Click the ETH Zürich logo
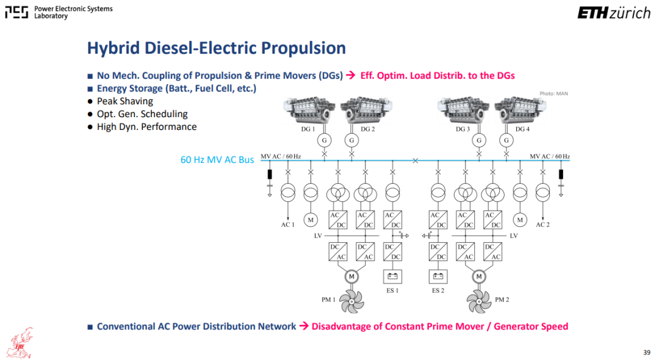pyautogui.click(x=614, y=13)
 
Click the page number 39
pyautogui.click(x=647, y=353)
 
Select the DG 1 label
pyautogui.click(x=308, y=129)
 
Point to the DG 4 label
pyautogui.click(x=522, y=129)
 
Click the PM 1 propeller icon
pyautogui.click(x=352, y=301)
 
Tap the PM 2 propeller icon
pyautogui.click(x=479, y=301)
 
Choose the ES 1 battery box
pyautogui.click(x=392, y=276)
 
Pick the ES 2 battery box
pyautogui.click(x=438, y=276)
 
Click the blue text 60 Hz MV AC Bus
pyautogui.click(x=217, y=160)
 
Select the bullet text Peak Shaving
pyautogui.click(x=125, y=101)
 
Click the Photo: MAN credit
pyautogui.click(x=553, y=94)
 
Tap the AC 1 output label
pyautogui.click(x=288, y=225)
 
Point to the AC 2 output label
pyautogui.click(x=542, y=225)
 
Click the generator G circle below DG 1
pyautogui.click(x=324, y=140)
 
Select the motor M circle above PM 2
pyautogui.click(x=479, y=276)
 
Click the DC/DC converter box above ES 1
pyautogui.click(x=392, y=251)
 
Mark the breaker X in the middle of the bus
pyautogui.click(x=416, y=160)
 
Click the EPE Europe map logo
pyautogui.click(x=20, y=343)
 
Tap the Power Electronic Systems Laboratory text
pyautogui.click(x=74, y=12)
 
